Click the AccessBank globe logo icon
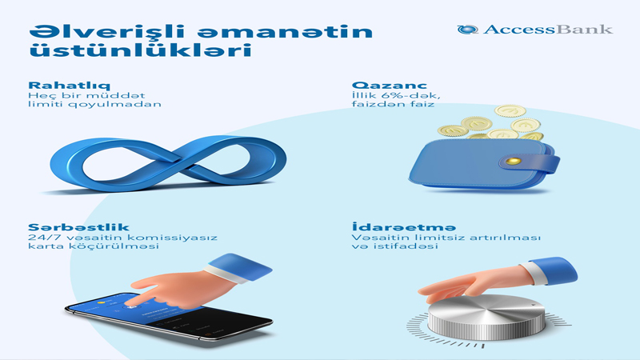tap(467, 30)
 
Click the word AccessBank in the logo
tap(548, 30)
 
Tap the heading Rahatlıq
tap(69, 86)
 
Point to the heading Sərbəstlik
tap(78, 227)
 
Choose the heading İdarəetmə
tap(404, 226)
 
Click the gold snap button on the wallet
tap(513, 161)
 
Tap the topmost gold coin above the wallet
tap(510, 110)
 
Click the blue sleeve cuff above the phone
tap(240, 267)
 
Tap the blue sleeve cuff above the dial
tap(550, 270)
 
